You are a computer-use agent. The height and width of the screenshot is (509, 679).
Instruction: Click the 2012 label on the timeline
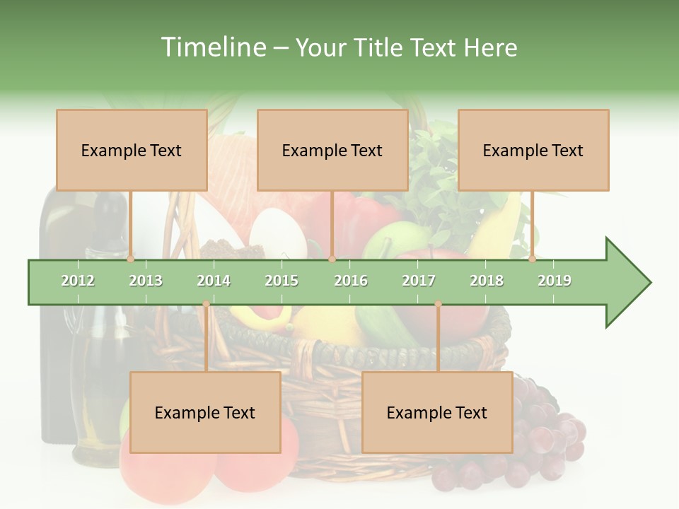coord(78,281)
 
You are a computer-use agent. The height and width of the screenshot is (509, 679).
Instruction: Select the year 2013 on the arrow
coord(146,281)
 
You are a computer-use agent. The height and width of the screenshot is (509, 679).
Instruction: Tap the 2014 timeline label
coord(214,281)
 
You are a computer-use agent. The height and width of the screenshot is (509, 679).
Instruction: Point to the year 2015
coord(282,281)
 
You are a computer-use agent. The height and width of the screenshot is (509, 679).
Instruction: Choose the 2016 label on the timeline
coord(351,281)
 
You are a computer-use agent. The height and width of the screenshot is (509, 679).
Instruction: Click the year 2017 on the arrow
coord(419,281)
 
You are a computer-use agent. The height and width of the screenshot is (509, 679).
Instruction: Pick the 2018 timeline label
coord(487,281)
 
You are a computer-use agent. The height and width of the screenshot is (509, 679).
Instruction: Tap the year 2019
coord(555,281)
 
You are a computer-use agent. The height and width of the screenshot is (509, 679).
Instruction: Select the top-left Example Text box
coord(132,150)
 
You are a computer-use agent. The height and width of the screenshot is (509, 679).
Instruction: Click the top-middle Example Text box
coord(332,150)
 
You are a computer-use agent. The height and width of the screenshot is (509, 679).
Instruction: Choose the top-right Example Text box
coord(533,150)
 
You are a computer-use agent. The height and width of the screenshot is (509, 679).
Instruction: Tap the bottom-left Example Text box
coord(205,412)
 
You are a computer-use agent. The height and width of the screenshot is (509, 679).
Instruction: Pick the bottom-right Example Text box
coord(437,412)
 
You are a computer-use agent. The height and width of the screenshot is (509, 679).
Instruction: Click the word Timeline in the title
coord(212,47)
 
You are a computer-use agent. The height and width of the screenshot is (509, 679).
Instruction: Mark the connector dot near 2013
coord(131,259)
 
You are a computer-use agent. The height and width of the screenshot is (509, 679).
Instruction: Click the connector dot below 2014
coord(206,304)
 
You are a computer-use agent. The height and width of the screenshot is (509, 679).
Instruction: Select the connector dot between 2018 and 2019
coord(533,259)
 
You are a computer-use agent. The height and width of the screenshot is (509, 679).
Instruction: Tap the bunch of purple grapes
coord(545,431)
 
